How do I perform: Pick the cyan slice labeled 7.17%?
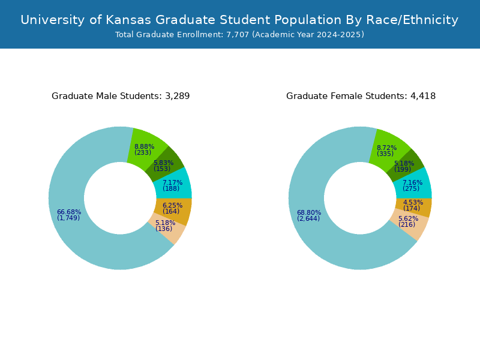click(173, 185)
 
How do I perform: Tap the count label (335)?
click(385, 154)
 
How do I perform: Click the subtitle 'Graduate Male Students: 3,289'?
click(121, 96)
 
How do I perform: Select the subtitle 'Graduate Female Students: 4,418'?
click(361, 96)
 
